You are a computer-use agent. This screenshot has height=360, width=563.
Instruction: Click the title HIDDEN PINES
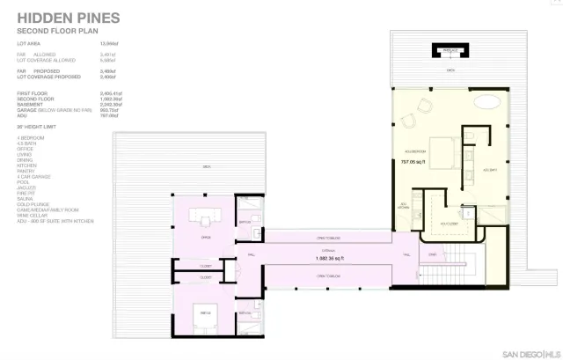69,17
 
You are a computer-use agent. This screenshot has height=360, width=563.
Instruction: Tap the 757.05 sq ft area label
413,162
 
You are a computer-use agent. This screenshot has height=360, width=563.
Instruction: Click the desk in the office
208,220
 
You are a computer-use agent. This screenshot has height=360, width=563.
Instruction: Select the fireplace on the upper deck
450,50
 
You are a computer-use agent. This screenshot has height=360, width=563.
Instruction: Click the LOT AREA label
29,42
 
